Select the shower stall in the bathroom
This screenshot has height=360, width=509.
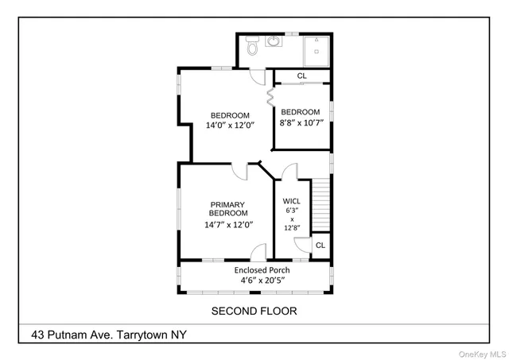tap(317, 50)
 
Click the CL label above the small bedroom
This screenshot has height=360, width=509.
tap(301, 76)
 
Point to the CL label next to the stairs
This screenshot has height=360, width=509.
tap(320, 246)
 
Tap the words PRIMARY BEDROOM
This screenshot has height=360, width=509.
tap(228, 208)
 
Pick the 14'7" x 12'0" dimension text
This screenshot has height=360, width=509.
tap(228, 225)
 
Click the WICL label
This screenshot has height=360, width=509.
tap(292, 211)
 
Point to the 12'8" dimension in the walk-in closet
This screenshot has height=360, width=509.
tap(292, 227)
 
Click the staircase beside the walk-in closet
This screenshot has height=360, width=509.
tap(320, 205)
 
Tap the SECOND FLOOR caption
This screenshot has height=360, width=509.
tap(254, 311)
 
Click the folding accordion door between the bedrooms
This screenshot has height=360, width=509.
tap(270, 96)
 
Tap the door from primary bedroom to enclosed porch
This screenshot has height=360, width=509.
tap(258, 253)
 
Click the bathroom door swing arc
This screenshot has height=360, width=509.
tap(258, 78)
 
